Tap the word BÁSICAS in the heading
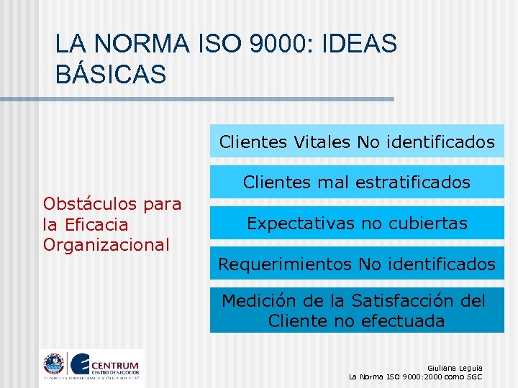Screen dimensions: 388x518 click(x=111, y=73)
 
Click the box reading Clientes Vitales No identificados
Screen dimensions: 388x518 click(x=357, y=142)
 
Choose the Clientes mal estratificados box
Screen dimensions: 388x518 click(x=357, y=183)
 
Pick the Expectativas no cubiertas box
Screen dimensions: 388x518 click(x=357, y=223)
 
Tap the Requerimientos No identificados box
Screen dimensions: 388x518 click(x=357, y=264)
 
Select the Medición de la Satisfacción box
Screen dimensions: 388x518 click(x=357, y=310)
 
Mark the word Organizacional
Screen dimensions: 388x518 click(x=106, y=245)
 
